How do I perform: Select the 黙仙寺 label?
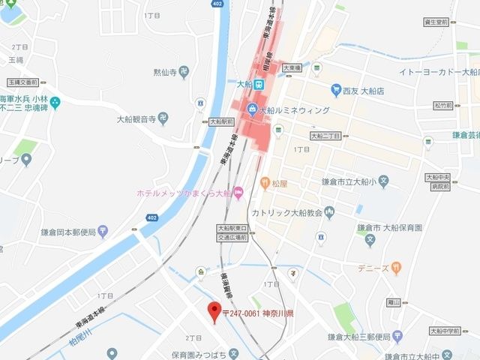(x=165, y=72)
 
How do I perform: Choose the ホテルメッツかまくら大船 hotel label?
(x=183, y=193)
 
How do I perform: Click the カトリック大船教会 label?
(x=288, y=214)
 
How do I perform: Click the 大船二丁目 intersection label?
(x=326, y=136)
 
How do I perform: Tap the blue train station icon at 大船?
(x=259, y=84)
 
